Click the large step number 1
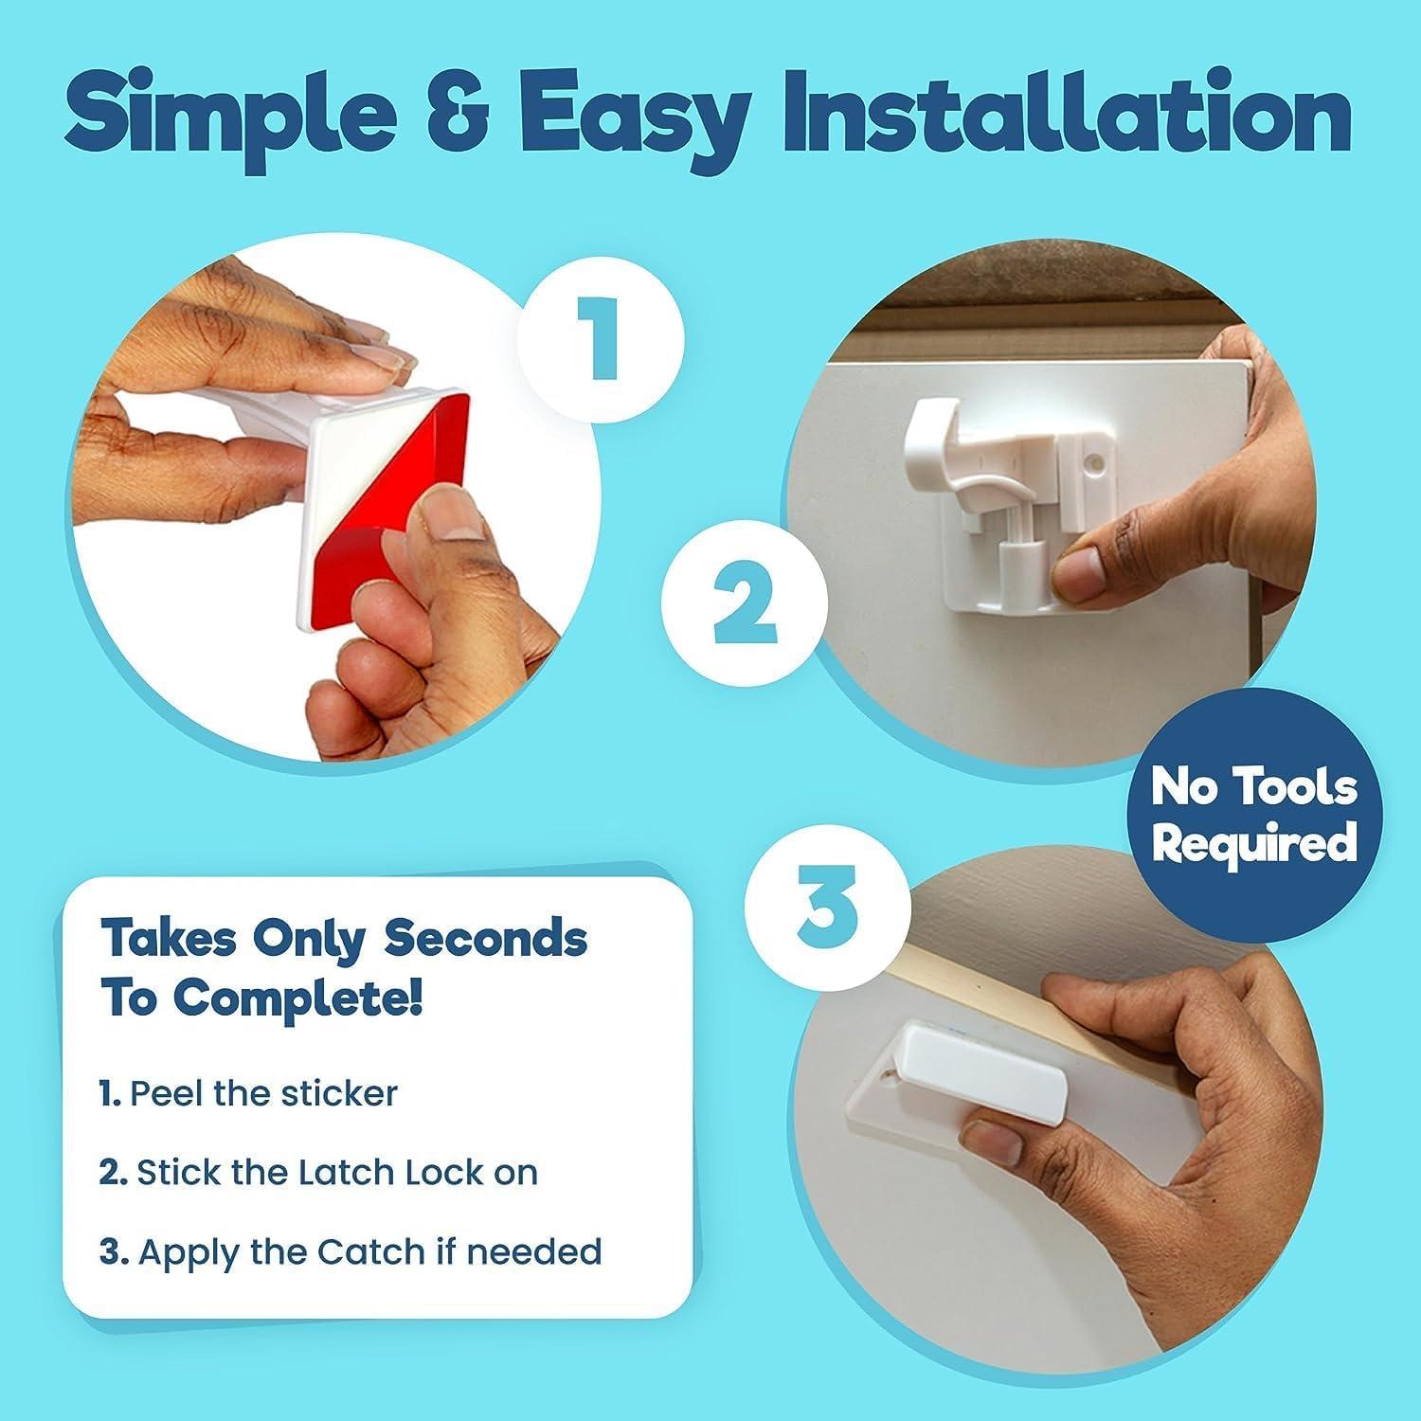(x=601, y=335)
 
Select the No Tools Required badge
(x=1254, y=815)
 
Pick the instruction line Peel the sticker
(x=248, y=1093)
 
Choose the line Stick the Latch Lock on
(x=318, y=1173)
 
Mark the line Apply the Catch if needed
(x=351, y=1251)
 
